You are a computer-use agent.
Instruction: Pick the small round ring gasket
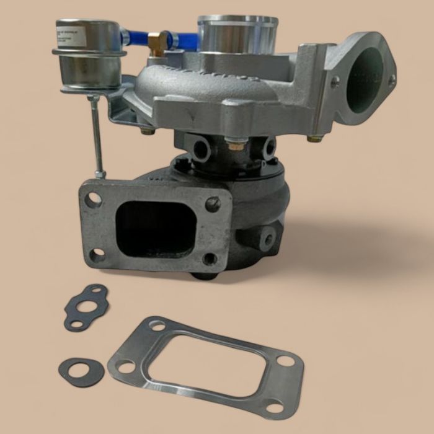[x=81, y=371]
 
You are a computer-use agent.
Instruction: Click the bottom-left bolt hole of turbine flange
[x=97, y=254]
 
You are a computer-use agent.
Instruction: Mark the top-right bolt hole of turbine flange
[x=213, y=204]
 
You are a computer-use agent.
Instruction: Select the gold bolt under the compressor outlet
[x=314, y=138]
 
